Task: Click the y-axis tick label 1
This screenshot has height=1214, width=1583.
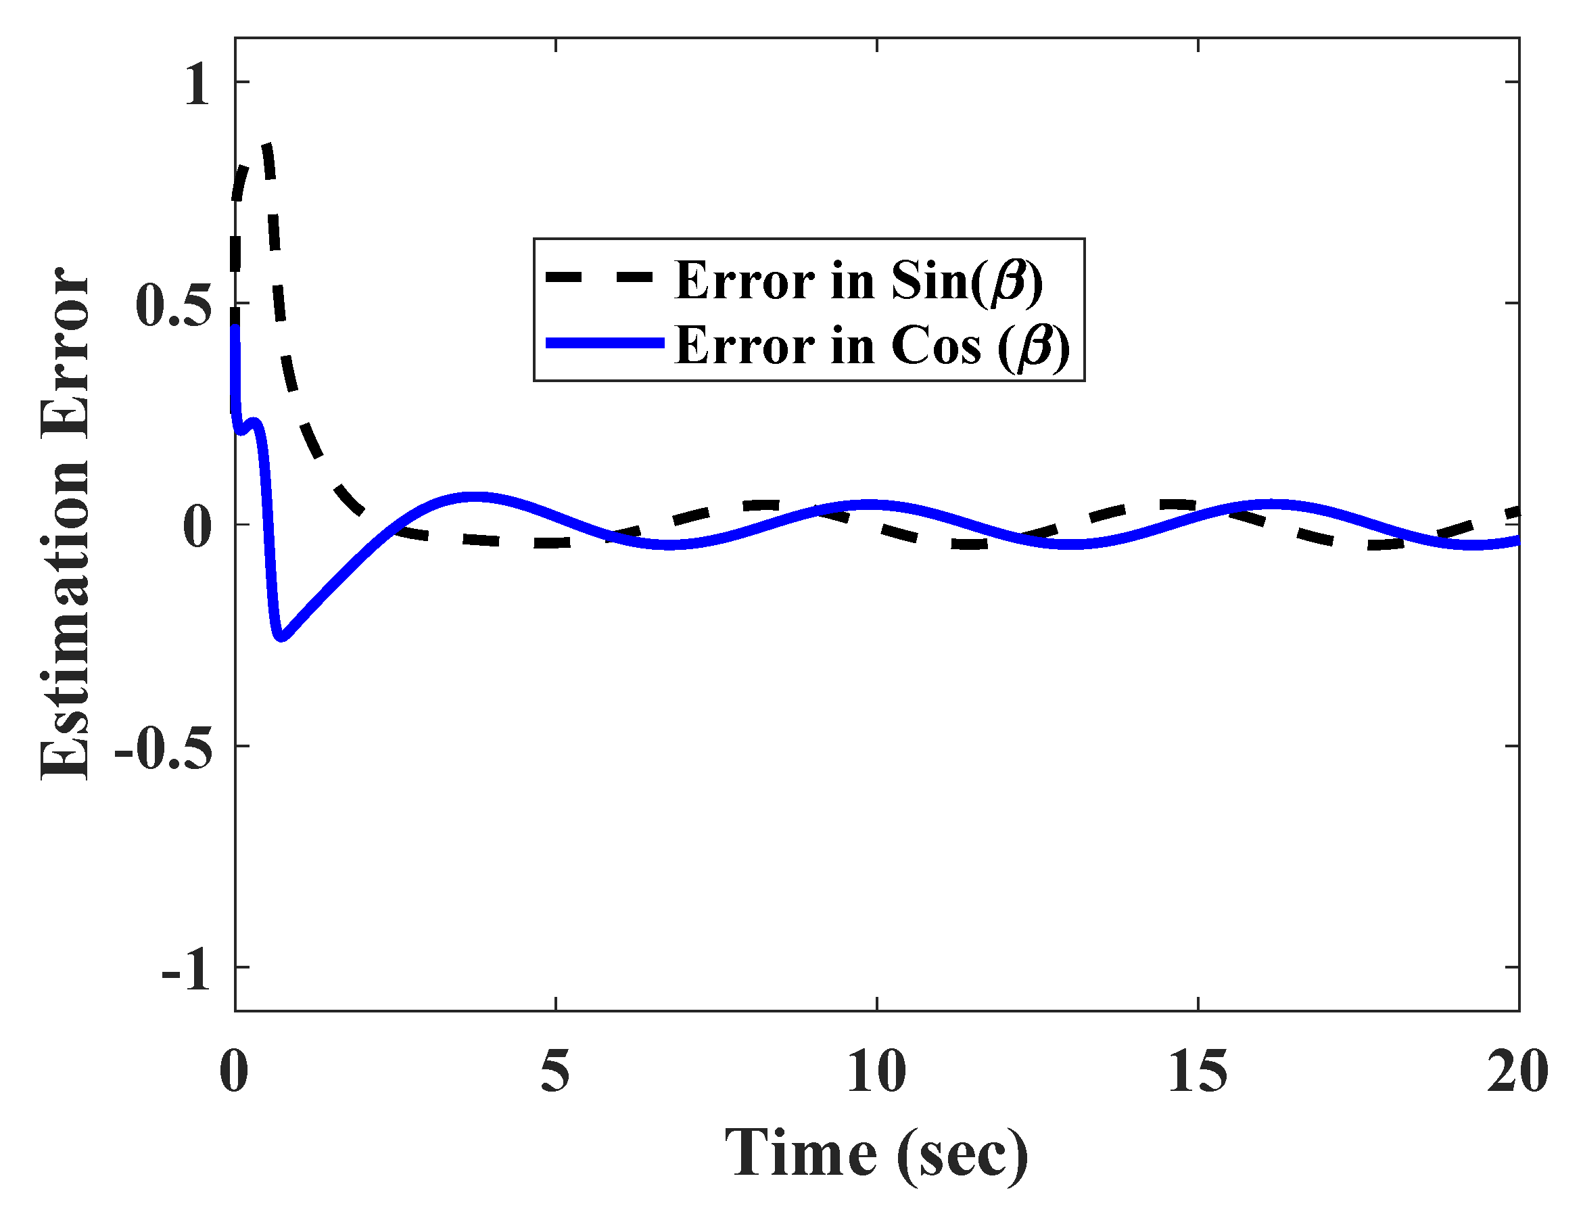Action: click(197, 85)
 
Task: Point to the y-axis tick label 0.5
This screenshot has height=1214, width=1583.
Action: click(173, 306)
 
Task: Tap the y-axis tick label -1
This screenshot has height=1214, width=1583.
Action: click(186, 970)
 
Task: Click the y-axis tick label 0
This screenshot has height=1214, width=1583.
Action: click(197, 528)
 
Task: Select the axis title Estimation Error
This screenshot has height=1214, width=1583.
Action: click(65, 524)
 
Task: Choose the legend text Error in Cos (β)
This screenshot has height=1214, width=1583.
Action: click(872, 346)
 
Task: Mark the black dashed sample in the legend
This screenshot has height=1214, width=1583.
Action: click(600, 277)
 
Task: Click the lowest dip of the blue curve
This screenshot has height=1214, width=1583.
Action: click(281, 636)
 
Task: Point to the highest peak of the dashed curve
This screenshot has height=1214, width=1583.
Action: click(267, 146)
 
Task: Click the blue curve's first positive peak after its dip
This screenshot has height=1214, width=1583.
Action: click(473, 497)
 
